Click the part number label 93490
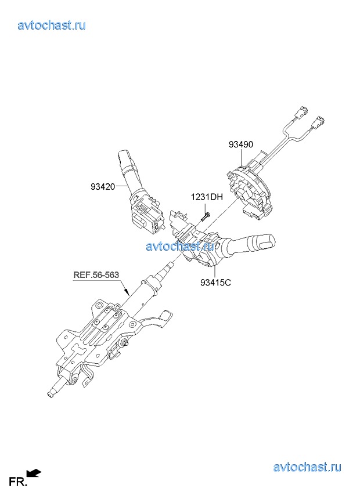(x=240, y=144)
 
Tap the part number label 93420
(x=103, y=187)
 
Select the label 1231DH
(x=207, y=197)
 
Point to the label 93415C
(x=215, y=283)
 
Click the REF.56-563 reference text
(x=96, y=275)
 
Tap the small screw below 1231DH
(x=206, y=216)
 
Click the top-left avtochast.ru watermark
(x=52, y=25)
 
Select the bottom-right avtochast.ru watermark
(x=307, y=466)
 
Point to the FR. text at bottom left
(x=17, y=482)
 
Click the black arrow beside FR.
(x=34, y=472)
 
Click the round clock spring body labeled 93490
(x=250, y=190)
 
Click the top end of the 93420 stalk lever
(x=124, y=155)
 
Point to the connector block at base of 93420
(x=148, y=215)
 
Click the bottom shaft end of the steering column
(x=50, y=395)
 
